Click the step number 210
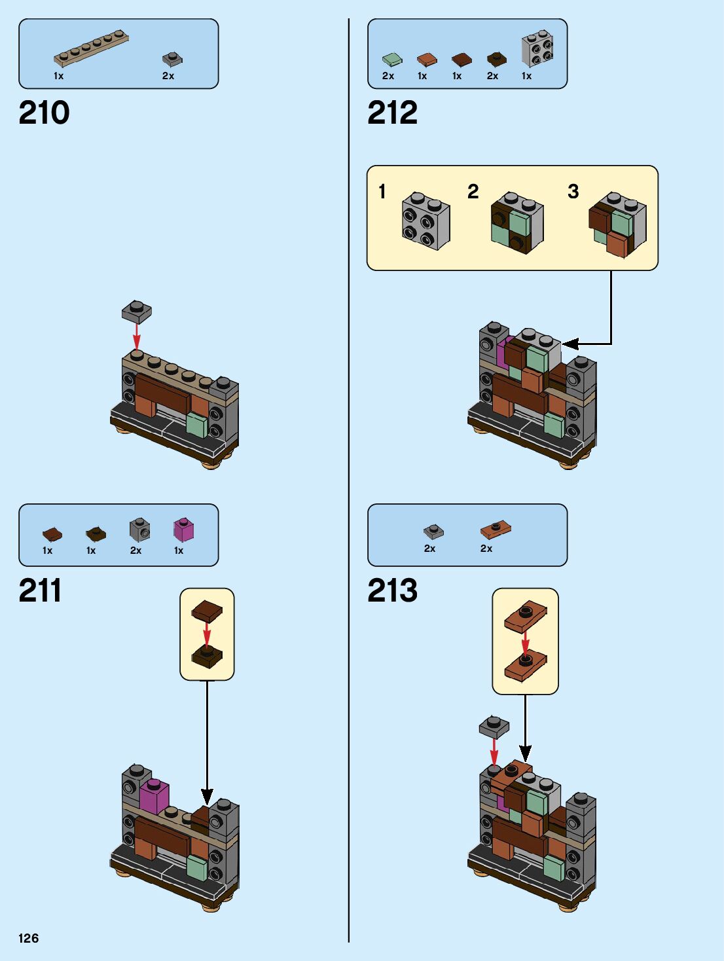(44, 113)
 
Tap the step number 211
(40, 590)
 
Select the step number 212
(392, 113)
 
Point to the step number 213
(392, 590)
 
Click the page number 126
(29, 938)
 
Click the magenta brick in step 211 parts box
(183, 529)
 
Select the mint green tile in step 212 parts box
(392, 60)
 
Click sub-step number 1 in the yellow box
(382, 192)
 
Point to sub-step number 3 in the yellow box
(573, 192)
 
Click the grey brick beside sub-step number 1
(426, 221)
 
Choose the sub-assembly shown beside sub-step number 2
(517, 223)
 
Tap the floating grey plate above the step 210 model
(137, 312)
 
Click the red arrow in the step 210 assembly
(137, 336)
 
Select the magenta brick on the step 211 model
(154, 795)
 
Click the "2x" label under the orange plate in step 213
(486, 549)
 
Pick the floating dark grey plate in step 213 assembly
(494, 726)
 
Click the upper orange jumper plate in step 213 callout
(526, 615)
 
